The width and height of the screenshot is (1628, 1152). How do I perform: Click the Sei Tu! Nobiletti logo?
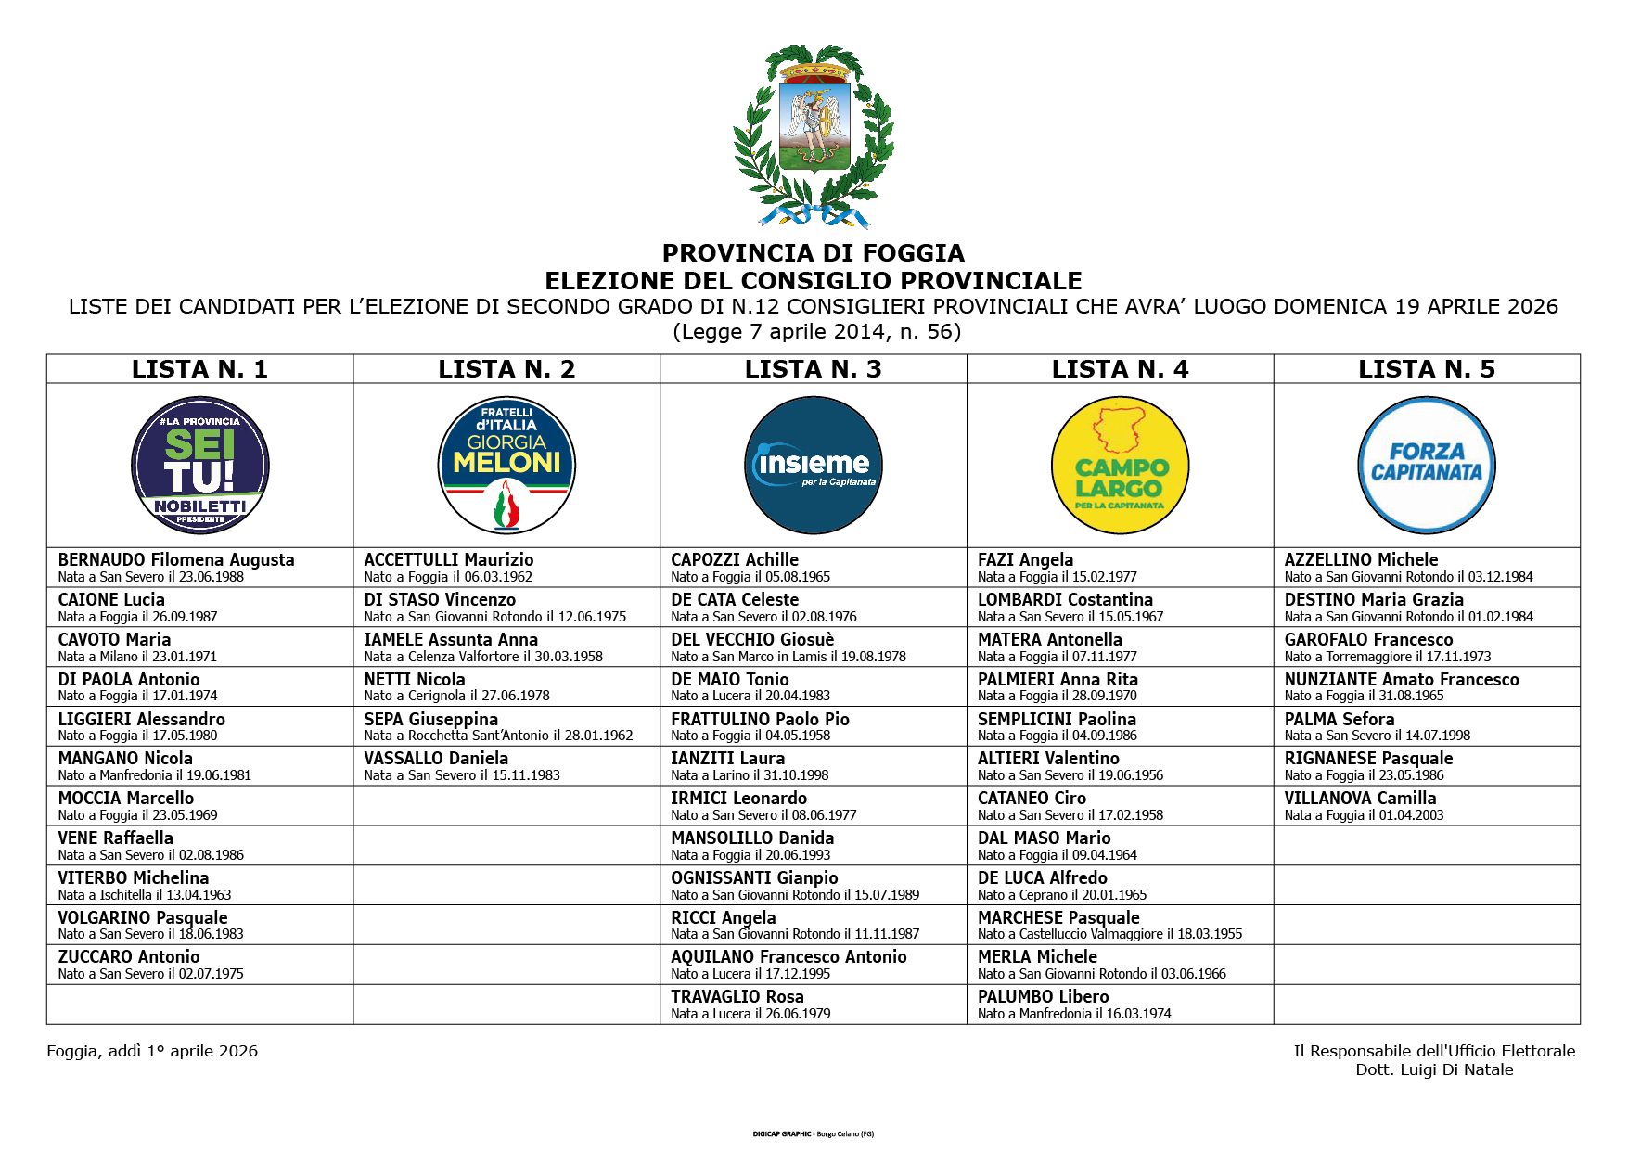(200, 466)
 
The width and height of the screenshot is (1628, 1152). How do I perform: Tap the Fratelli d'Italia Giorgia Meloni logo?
(506, 466)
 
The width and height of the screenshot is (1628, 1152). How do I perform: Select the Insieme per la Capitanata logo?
(814, 466)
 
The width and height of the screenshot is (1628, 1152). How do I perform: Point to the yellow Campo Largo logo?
(1120, 466)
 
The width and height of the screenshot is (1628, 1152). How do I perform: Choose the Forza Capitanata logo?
(1427, 466)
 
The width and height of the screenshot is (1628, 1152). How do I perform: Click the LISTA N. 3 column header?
(814, 369)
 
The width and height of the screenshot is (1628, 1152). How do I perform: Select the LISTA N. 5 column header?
(1427, 369)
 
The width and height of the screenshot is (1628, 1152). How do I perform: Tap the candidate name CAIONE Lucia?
(111, 600)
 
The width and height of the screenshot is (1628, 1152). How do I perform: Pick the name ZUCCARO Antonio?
(129, 957)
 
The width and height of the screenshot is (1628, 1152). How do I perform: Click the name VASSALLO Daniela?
(436, 759)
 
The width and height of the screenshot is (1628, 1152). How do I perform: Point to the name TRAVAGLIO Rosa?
(737, 997)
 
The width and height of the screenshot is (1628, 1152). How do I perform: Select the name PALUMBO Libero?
(1043, 997)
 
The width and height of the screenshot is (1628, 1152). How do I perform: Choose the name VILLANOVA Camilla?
(1360, 799)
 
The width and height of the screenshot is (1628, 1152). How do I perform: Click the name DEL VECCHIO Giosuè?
(752, 640)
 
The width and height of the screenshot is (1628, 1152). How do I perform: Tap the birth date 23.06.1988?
(212, 577)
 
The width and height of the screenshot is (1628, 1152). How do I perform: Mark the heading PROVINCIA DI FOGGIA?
(814, 253)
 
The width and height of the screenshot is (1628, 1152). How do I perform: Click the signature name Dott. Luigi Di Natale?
(1434, 1069)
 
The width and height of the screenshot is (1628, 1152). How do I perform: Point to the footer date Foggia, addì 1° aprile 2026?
(152, 1051)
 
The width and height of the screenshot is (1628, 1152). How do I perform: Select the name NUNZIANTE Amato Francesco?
(1402, 680)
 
